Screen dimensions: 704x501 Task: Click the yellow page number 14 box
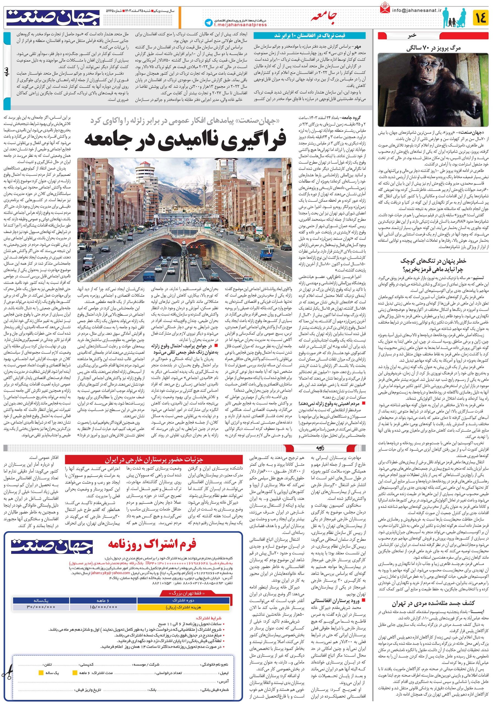click(481, 17)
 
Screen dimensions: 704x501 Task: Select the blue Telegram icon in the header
click(209, 23)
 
